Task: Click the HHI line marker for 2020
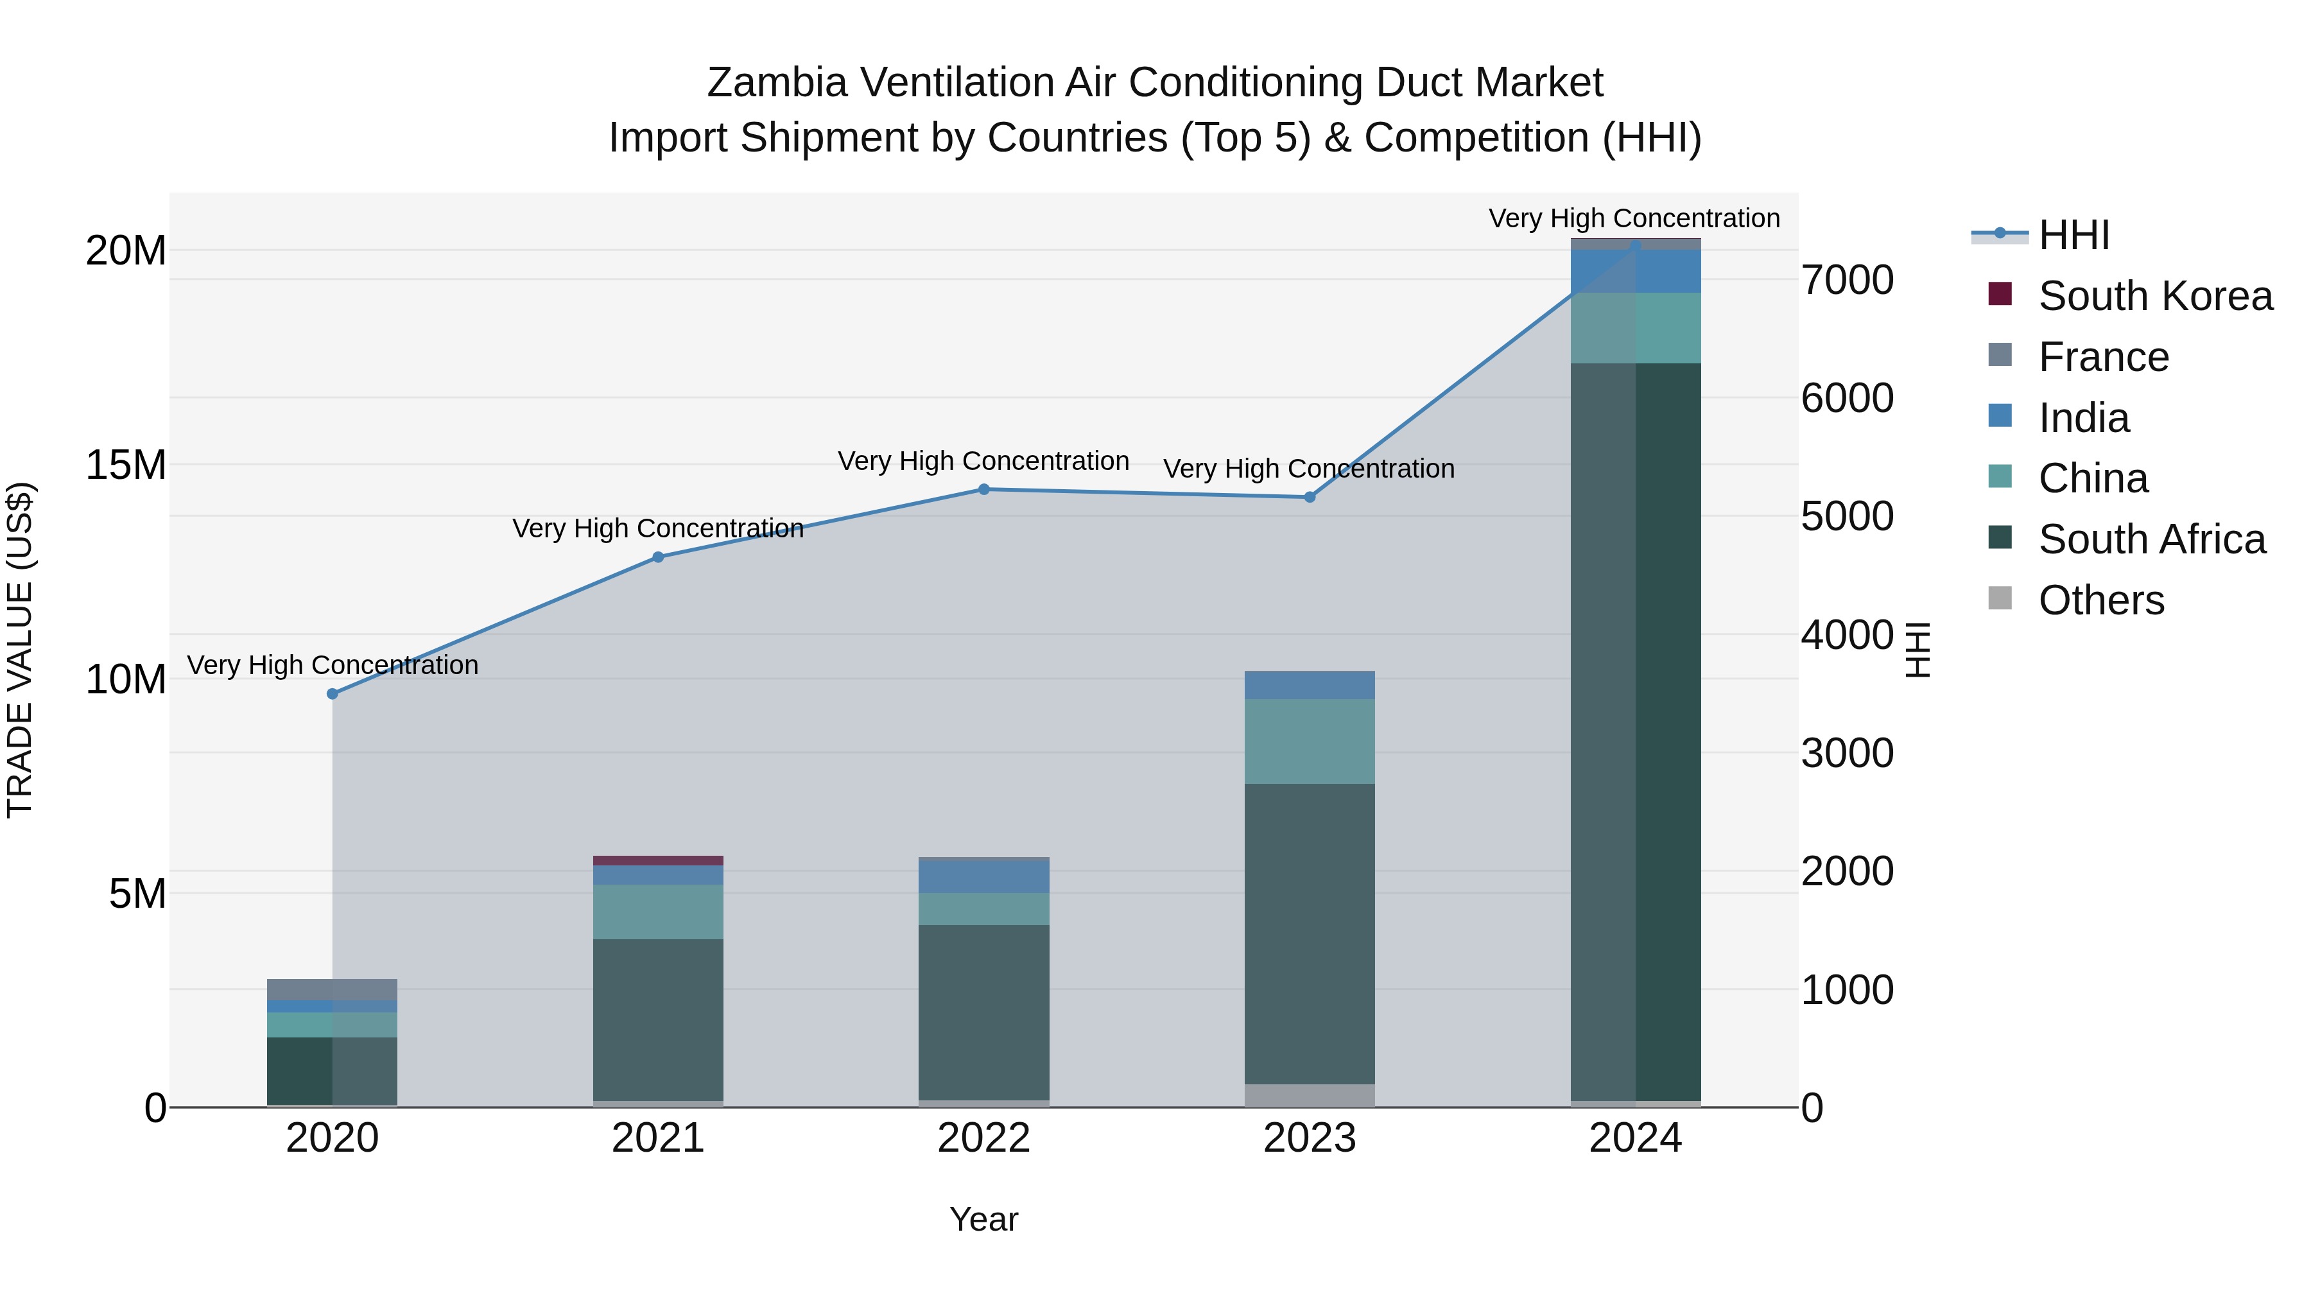click(332, 693)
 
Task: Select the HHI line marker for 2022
click(983, 489)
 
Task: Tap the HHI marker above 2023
click(1309, 497)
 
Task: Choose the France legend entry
click(2103, 357)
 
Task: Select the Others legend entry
click(2100, 600)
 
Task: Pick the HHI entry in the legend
click(2073, 235)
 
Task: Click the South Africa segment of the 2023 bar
click(1309, 933)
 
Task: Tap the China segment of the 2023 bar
click(1309, 741)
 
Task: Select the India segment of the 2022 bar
click(983, 876)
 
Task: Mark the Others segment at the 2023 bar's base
click(1309, 1095)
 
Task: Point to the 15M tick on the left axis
click(126, 465)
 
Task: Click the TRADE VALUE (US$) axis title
click(20, 650)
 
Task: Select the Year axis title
click(983, 1219)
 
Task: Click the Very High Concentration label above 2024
click(1634, 218)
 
